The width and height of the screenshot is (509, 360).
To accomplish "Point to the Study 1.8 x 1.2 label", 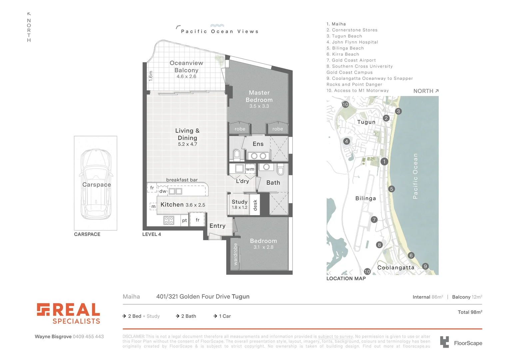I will click(x=240, y=204).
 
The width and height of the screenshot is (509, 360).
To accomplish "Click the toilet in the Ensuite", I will click(x=237, y=154).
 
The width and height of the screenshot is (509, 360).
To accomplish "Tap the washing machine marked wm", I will click(x=250, y=169).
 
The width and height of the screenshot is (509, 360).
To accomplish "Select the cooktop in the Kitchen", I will click(x=169, y=220).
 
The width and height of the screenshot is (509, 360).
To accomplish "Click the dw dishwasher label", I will click(x=163, y=191).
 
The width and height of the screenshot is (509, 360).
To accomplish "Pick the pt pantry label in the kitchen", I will click(x=185, y=220).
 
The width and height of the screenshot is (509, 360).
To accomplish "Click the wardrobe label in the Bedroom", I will click(x=236, y=254).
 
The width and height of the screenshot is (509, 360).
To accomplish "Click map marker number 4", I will click(x=346, y=141).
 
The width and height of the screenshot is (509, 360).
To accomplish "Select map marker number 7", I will click(x=374, y=219).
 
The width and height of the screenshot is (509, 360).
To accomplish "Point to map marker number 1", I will click(x=384, y=162).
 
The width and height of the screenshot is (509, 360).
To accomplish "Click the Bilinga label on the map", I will click(x=365, y=198).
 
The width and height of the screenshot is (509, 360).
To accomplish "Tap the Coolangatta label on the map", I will click(x=396, y=268).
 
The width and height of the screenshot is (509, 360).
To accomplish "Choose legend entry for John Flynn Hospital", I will click(x=355, y=42).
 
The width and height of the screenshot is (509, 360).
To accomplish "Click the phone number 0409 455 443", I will click(x=88, y=337).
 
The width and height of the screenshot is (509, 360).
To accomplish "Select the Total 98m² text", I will click(x=470, y=312).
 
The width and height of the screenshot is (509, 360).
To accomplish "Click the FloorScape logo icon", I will click(x=444, y=342).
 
